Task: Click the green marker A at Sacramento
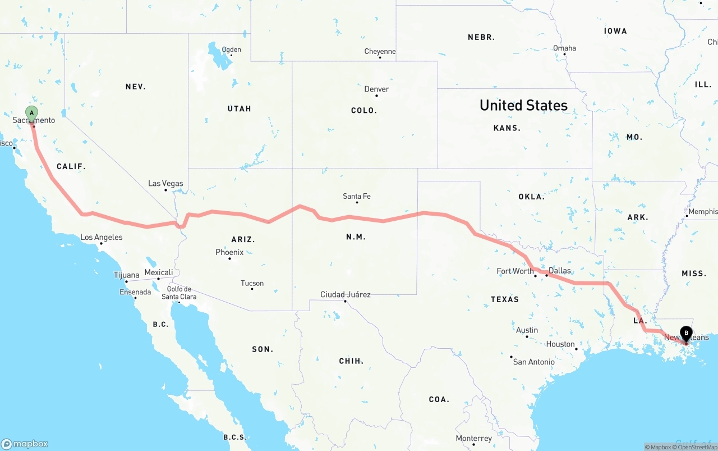31,113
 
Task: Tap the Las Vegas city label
165,183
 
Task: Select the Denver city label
376,89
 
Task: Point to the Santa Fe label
357,196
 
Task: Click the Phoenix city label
229,252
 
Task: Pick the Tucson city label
252,283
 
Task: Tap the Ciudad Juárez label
345,294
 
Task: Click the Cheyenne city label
380,51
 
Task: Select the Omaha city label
564,48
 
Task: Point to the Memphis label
703,211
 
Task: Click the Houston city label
560,344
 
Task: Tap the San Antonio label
533,362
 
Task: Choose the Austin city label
527,330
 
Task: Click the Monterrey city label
473,438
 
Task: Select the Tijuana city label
126,275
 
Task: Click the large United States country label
523,105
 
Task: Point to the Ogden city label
231,49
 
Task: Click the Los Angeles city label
101,237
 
